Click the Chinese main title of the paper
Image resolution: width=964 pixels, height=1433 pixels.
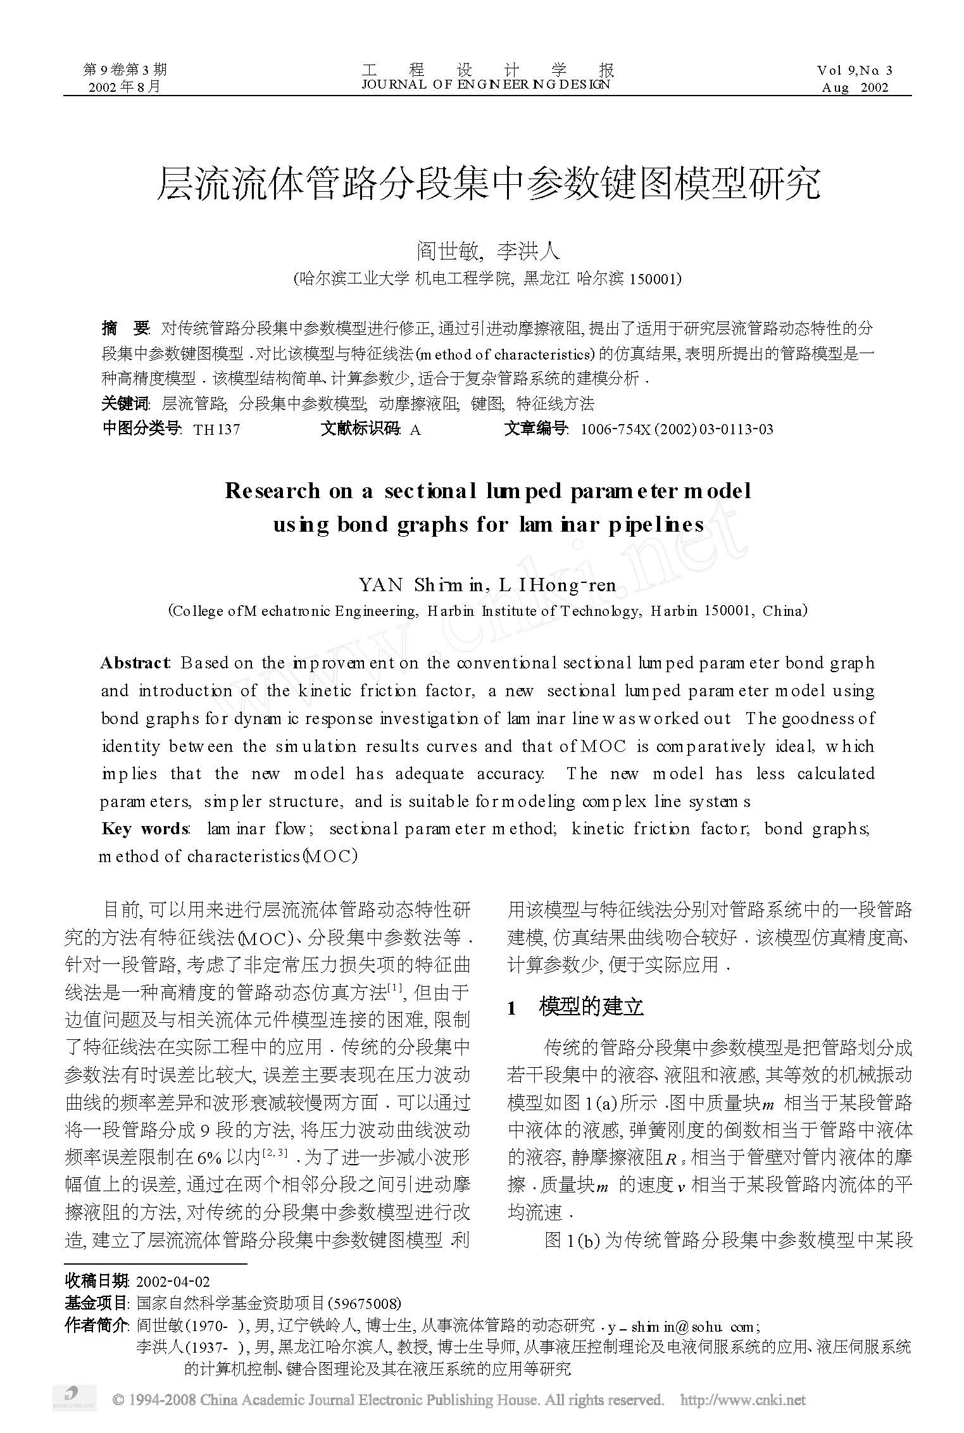(487, 184)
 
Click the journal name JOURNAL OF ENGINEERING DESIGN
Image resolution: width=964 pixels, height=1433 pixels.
(485, 84)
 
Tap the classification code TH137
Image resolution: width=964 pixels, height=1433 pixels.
(216, 430)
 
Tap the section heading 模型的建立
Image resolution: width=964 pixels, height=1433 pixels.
(591, 1007)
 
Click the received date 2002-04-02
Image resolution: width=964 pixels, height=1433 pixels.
(173, 1282)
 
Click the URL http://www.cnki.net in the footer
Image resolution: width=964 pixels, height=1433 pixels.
(742, 1399)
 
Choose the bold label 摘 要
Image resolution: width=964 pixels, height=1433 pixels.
(125, 329)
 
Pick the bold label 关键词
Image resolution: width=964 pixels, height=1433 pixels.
(125, 404)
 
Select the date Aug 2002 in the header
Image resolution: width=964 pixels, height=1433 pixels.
(854, 88)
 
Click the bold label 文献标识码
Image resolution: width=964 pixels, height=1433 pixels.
(360, 430)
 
